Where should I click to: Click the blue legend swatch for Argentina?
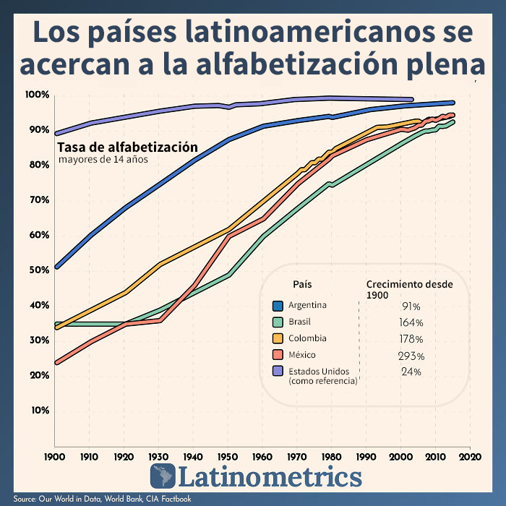coord(278,305)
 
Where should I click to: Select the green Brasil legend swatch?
coord(278,322)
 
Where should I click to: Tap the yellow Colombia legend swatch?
coord(278,338)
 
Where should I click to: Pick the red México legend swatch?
coord(278,355)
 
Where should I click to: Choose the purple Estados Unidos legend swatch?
coord(278,372)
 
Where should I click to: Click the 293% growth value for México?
coord(411,356)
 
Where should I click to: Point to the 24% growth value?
coord(411,372)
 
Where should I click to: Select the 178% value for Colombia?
coord(411,339)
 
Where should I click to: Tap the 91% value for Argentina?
coord(411,306)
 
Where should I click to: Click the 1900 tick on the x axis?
coord(54,458)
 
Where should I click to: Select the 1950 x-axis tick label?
coord(228,458)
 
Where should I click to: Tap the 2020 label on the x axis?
coord(470,458)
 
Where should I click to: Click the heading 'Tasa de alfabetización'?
coord(127,147)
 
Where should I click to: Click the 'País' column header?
coord(303,284)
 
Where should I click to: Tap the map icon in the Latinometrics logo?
coord(163,476)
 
